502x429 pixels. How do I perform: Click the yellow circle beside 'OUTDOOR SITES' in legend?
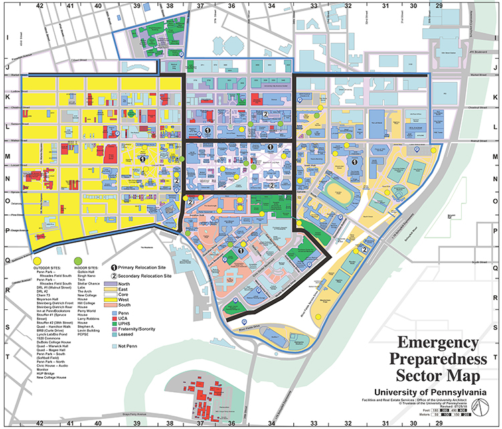39,260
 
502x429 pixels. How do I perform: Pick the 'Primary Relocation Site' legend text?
145,266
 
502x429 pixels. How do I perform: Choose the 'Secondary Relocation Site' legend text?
148,275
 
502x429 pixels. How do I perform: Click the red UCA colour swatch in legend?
116,318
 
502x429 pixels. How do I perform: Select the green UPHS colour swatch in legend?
116,324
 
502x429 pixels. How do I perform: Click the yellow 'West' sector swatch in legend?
116,299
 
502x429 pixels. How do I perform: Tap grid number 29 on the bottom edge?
440,423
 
